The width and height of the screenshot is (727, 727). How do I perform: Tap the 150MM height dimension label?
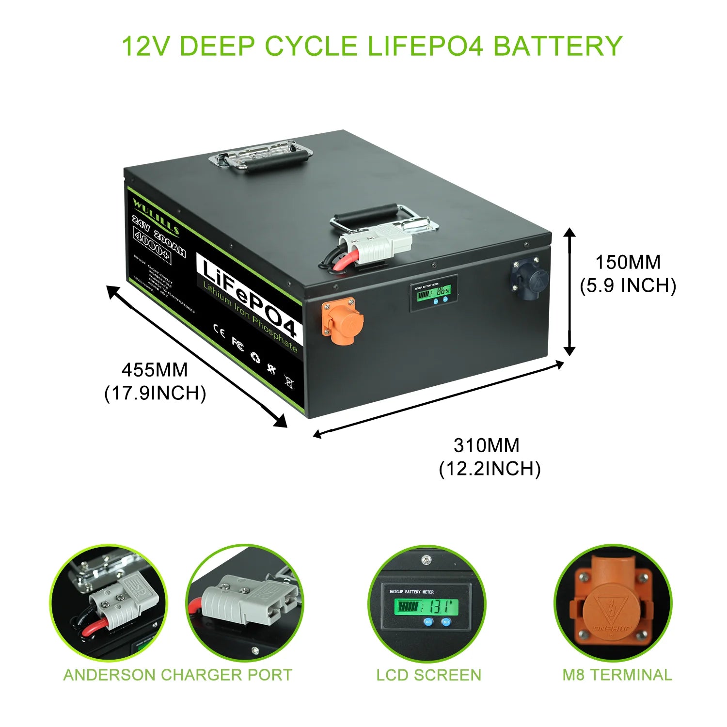click(x=628, y=263)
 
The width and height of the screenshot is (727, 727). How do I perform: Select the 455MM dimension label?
click(x=155, y=370)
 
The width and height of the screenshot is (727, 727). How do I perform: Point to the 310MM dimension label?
click(x=486, y=445)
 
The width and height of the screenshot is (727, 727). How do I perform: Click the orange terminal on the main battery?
click(x=342, y=321)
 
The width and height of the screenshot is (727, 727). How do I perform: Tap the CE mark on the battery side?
click(x=219, y=332)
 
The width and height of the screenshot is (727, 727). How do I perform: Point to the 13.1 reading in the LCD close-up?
click(x=442, y=606)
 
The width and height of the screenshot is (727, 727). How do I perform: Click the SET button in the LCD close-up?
click(x=446, y=622)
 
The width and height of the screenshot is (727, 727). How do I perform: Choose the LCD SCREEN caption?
click(x=428, y=675)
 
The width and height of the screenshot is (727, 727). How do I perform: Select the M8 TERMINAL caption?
click(x=617, y=675)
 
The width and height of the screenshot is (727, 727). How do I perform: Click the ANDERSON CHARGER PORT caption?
click(x=178, y=675)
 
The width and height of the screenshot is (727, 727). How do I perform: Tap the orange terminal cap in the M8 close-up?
click(x=613, y=612)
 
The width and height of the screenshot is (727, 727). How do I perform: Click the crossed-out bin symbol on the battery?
click(x=289, y=382)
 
